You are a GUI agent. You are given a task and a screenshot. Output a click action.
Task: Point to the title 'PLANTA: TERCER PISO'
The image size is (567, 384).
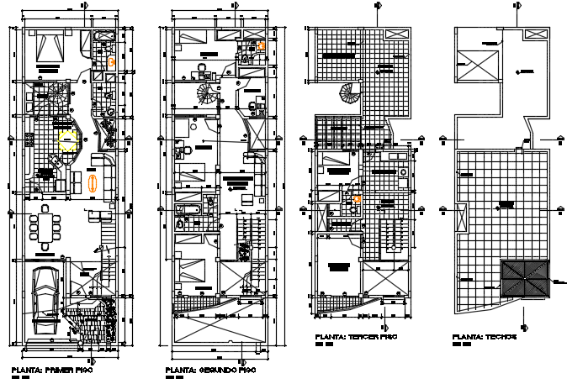(355, 336)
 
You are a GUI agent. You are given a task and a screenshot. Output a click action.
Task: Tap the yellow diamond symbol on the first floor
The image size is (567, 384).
(66, 139)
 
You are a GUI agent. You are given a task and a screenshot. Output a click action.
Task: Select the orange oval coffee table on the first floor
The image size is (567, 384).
(92, 181)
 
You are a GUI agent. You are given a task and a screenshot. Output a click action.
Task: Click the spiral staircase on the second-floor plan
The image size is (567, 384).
(207, 92)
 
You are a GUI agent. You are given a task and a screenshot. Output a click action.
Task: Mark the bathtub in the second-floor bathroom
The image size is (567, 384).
(187, 208)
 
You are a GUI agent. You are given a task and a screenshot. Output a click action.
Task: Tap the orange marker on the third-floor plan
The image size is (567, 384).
(358, 199)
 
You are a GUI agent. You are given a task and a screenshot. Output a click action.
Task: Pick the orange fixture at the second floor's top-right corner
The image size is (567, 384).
(262, 45)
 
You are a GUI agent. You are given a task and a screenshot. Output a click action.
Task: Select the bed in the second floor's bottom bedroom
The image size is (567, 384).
(196, 271)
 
